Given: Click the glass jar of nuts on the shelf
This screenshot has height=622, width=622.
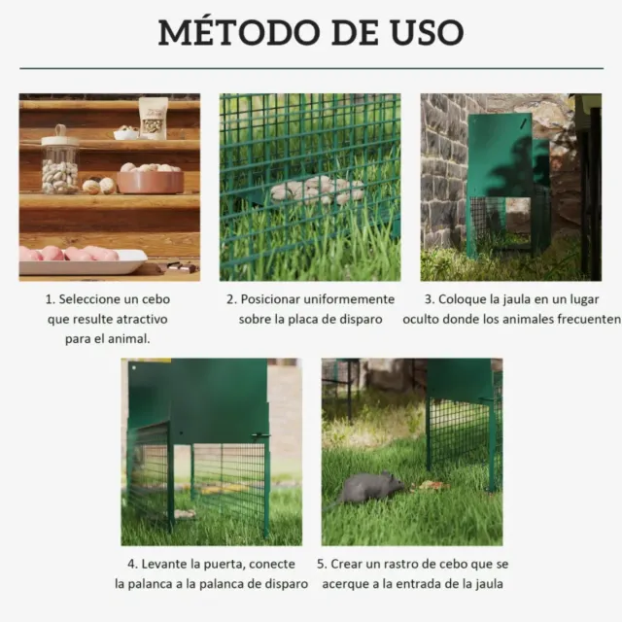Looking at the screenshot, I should [x=60, y=165].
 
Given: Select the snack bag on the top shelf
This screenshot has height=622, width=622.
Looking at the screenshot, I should [x=153, y=117].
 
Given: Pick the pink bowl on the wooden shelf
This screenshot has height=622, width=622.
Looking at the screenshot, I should [x=149, y=181].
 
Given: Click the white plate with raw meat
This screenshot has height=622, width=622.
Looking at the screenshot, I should [x=83, y=260].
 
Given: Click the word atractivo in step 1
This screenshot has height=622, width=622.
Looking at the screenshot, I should [x=136, y=319].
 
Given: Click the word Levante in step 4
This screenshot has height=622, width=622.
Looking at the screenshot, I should [x=167, y=564].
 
